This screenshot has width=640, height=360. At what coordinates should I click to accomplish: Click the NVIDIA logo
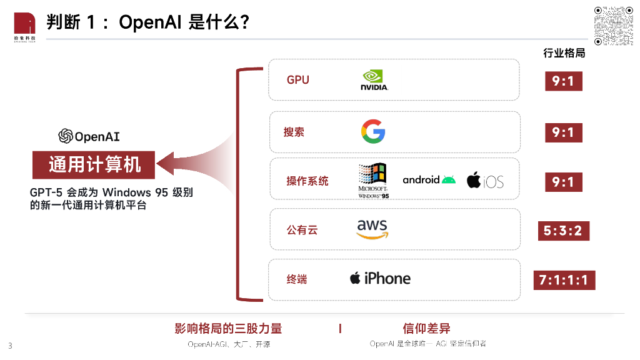tap(374, 80)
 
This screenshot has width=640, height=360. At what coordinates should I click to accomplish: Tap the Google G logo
tap(373, 132)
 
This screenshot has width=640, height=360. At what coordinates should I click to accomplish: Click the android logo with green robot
tap(429, 180)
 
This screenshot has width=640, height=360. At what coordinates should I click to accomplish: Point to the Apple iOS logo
tap(484, 181)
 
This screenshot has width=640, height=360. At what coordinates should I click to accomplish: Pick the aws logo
tap(372, 229)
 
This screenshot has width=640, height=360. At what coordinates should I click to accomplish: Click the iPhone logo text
tap(380, 279)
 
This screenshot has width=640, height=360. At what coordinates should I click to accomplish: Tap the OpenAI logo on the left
tap(89, 136)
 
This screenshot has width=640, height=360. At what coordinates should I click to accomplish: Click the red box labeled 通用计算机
tap(94, 165)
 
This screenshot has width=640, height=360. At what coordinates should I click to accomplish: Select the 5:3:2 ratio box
tap(562, 231)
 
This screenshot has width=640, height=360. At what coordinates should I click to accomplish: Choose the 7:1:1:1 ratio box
tap(564, 280)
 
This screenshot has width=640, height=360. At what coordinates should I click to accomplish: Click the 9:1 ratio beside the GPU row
tap(562, 81)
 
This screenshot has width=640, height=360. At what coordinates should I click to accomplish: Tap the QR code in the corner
tap(614, 25)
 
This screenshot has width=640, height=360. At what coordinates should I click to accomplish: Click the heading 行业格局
tap(564, 53)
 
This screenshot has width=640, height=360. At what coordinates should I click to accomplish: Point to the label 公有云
tap(302, 230)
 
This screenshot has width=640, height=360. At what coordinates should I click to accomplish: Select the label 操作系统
tap(307, 181)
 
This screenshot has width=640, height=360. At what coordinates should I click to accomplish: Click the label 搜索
tap(294, 132)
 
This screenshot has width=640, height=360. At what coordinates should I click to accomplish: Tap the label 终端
tap(297, 279)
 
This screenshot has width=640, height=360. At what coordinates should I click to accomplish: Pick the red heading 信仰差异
tap(427, 329)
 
